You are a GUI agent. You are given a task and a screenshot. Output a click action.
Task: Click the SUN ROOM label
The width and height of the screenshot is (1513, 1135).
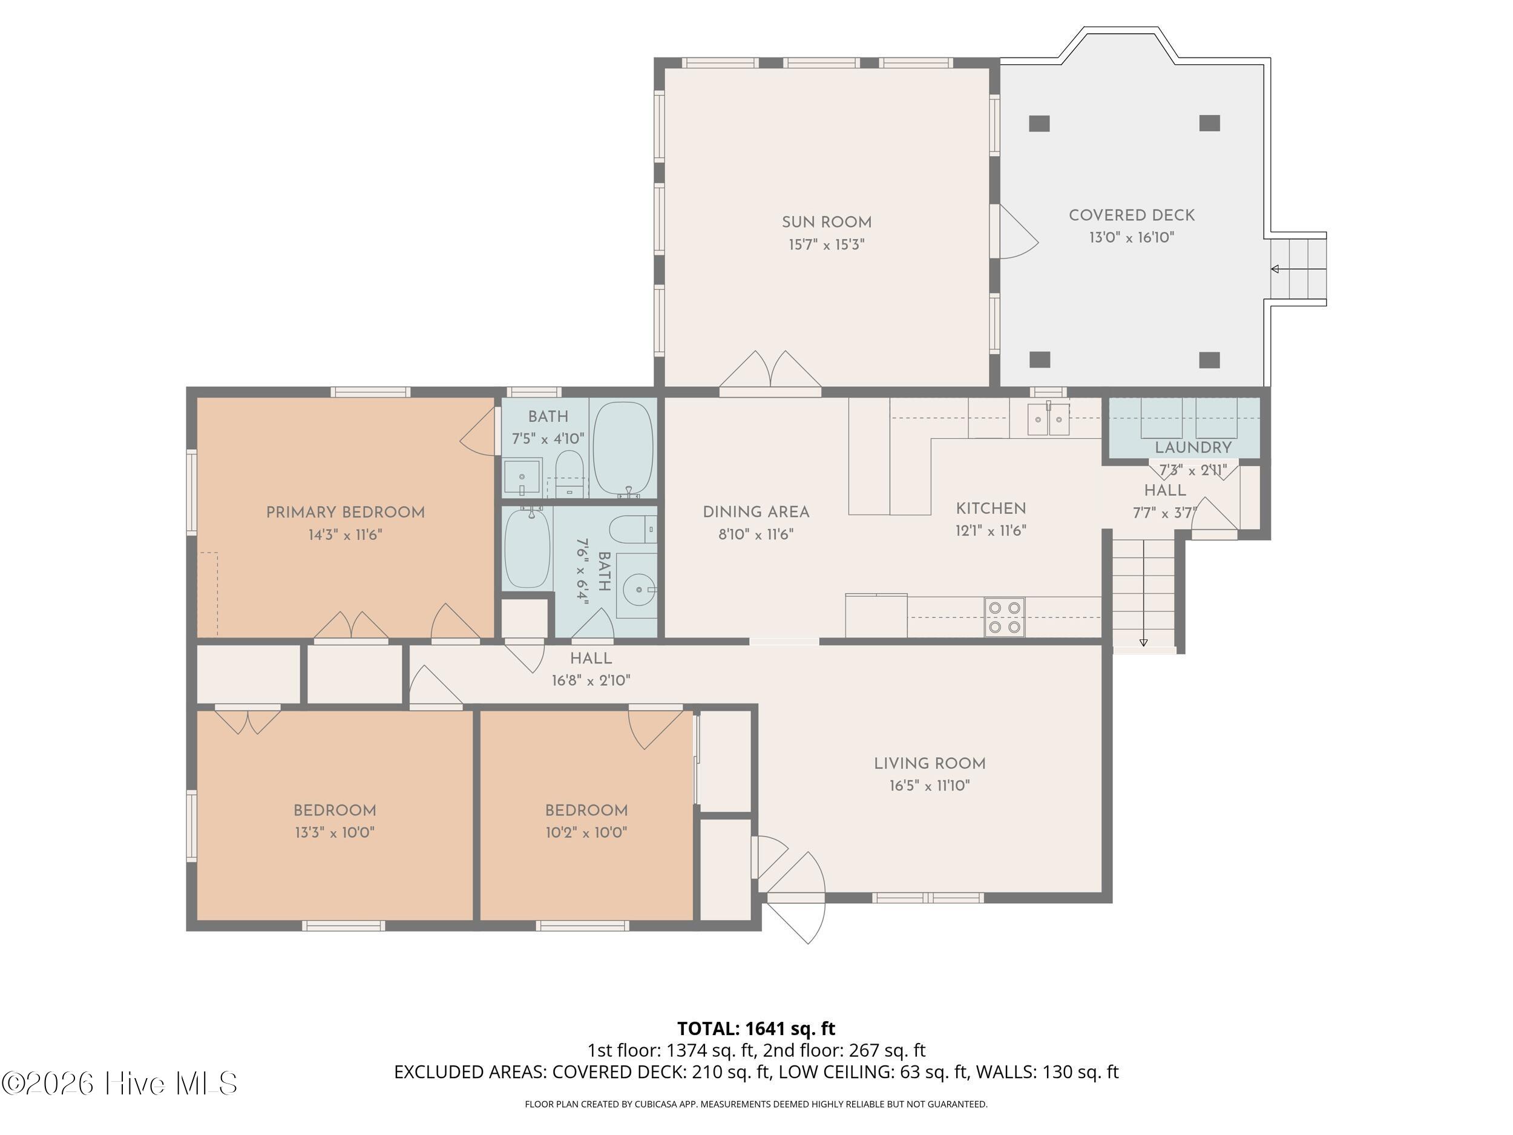(826, 222)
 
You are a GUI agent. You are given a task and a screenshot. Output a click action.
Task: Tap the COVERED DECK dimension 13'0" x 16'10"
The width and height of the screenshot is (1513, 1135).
(1131, 237)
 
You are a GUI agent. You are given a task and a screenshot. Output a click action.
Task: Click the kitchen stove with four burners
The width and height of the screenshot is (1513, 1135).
(1004, 617)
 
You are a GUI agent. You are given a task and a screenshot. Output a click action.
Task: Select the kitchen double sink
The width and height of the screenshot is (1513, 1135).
(1048, 419)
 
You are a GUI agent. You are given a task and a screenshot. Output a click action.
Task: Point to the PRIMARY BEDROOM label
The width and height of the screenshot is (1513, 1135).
(346, 513)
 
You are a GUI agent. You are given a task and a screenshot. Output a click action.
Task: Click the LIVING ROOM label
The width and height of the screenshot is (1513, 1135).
(930, 763)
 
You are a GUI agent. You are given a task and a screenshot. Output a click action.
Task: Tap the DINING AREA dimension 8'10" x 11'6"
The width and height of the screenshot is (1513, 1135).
(755, 535)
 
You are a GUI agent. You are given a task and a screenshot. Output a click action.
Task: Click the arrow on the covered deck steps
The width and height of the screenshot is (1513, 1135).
(1275, 269)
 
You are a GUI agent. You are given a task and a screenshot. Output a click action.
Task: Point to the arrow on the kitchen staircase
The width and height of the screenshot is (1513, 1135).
(1143, 642)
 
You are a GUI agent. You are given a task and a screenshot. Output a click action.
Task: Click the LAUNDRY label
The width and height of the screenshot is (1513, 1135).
(1193, 447)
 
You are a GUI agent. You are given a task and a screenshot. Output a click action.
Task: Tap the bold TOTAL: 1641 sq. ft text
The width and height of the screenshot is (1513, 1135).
(756, 1028)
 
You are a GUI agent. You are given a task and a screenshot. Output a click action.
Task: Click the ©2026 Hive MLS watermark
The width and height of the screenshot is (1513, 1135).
(120, 1084)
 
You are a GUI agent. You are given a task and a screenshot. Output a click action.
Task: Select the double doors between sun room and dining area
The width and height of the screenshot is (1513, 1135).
(770, 375)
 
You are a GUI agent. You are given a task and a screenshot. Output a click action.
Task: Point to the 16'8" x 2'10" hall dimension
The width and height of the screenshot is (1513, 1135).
(591, 680)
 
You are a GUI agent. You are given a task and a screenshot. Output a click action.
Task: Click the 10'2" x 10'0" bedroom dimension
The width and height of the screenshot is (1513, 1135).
(586, 832)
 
